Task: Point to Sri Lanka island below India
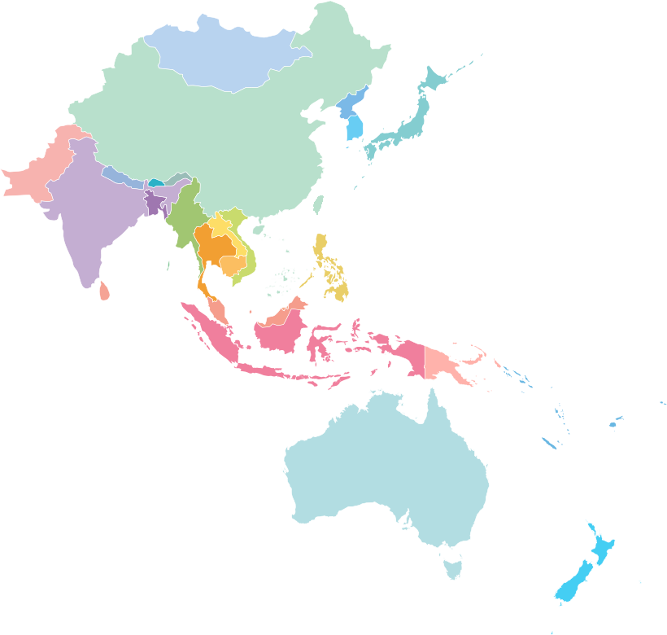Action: tap(104, 291)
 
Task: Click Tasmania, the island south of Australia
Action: tap(453, 565)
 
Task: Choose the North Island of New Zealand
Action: tap(602, 546)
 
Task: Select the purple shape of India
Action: tap(89, 220)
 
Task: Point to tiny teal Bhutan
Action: tap(155, 183)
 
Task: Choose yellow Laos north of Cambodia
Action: tap(220, 227)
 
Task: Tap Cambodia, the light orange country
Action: tap(233, 265)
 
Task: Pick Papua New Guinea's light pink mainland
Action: tap(443, 362)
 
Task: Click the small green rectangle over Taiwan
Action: tap(318, 204)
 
